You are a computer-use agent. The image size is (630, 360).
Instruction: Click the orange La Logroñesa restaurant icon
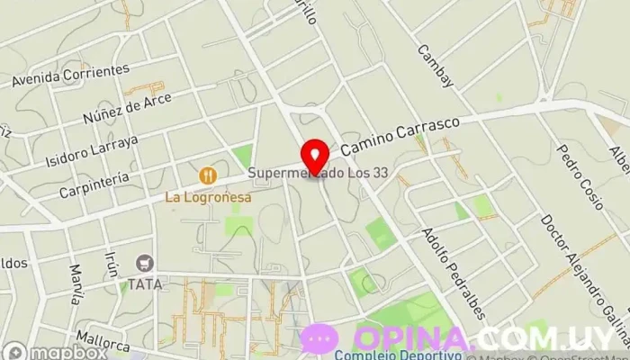[208, 174]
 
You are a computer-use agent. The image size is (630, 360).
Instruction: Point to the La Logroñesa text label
[207, 194]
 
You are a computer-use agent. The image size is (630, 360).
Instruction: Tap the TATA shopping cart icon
[144, 263]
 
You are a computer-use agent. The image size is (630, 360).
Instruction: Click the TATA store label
[144, 283]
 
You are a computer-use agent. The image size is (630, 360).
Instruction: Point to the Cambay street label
[437, 67]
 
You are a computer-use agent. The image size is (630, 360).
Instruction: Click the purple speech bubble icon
[319, 338]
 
